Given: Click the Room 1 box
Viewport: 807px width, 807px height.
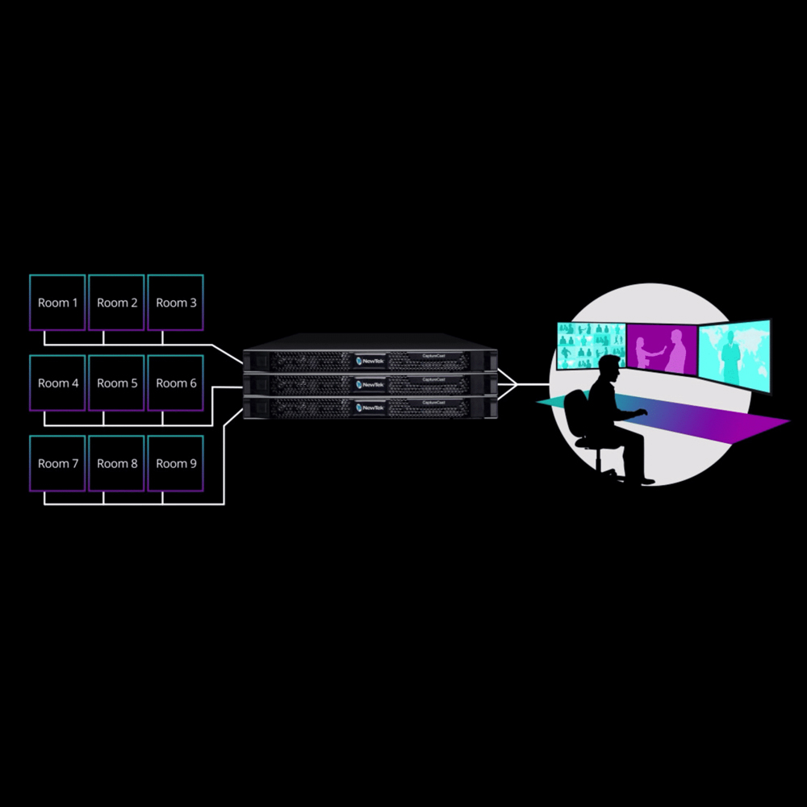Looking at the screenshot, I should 57,303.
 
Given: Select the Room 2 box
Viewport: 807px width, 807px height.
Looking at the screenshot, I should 116,303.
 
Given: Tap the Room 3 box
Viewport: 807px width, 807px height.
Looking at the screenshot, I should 175,303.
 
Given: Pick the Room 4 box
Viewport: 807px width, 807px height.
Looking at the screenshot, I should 57,383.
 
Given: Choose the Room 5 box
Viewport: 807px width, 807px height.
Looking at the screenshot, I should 116,383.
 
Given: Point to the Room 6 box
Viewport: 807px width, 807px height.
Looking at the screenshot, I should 175,383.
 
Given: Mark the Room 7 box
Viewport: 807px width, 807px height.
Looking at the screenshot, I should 57,463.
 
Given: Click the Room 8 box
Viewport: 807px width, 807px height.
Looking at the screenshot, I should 116,463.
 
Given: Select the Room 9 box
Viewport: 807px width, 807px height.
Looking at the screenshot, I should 175,463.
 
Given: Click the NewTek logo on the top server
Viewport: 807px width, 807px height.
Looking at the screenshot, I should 370,361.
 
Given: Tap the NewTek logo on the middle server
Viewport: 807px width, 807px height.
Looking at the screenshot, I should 370,385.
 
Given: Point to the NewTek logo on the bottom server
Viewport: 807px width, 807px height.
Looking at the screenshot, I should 370,408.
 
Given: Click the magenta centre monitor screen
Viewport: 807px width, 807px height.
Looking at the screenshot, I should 662,348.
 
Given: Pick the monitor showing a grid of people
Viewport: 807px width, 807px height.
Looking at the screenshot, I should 591,345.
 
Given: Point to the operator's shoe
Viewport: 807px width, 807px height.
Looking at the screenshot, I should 646,482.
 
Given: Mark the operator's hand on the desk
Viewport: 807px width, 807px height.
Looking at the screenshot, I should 642,412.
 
